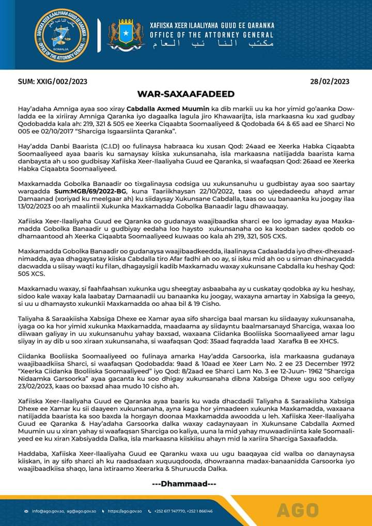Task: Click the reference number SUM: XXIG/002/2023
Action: pos(52,82)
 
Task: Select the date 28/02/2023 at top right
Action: pos(330,82)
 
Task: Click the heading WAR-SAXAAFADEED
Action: pos(185,94)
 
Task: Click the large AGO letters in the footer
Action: pos(298,510)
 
